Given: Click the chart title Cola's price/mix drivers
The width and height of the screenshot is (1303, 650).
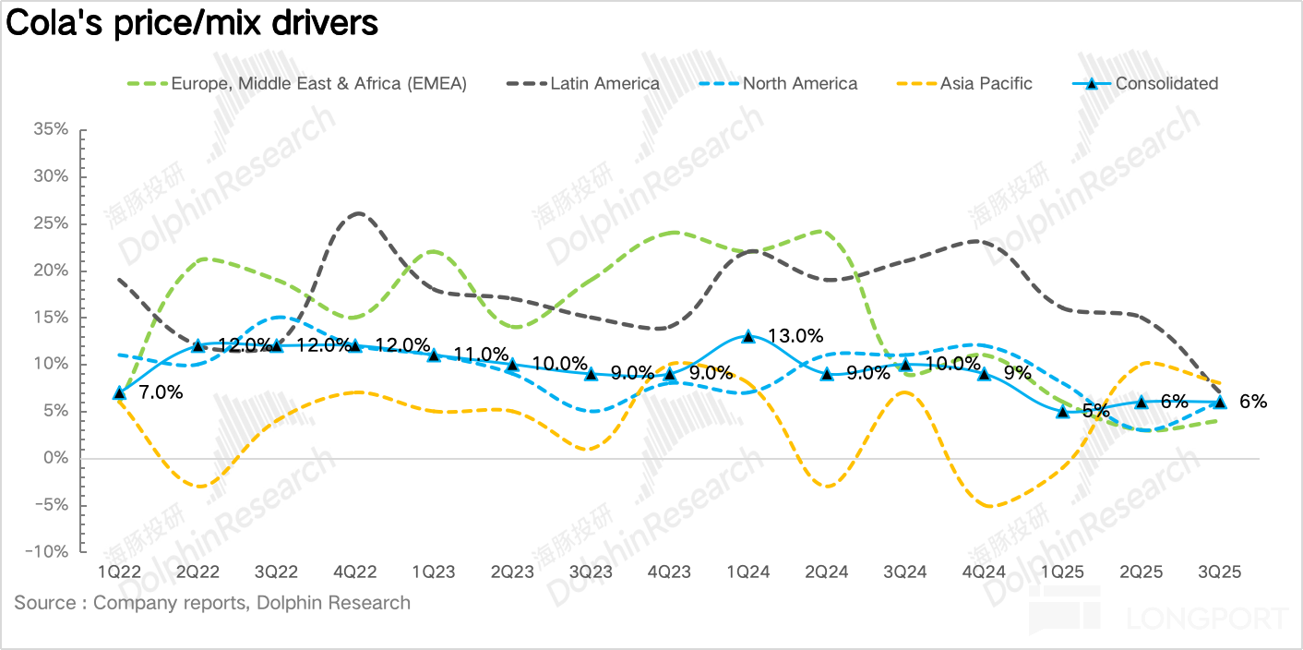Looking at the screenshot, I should coord(192,23).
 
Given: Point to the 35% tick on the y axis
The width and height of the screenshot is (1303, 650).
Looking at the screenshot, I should coord(50,130).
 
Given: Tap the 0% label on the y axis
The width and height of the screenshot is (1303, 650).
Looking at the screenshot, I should coord(55,458).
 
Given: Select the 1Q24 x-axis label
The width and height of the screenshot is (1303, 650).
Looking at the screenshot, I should coord(748,572).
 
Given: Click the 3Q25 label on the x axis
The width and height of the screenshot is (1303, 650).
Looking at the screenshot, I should coord(1220,572).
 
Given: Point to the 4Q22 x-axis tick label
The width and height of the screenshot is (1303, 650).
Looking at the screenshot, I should coord(355,572).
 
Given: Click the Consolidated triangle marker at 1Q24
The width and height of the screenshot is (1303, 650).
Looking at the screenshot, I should coord(748,336).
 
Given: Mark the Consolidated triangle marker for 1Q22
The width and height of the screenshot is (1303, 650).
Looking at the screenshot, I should coord(119,392).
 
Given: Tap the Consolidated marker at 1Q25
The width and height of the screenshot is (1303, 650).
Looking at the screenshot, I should coord(1063,412).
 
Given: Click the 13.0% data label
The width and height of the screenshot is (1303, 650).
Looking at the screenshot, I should coord(795,336).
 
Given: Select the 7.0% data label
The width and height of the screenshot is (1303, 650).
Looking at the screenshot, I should coord(161,392).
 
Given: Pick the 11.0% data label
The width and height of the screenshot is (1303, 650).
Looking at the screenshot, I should coord(482,355).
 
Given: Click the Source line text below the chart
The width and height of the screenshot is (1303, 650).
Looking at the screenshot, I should coord(212,603).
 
